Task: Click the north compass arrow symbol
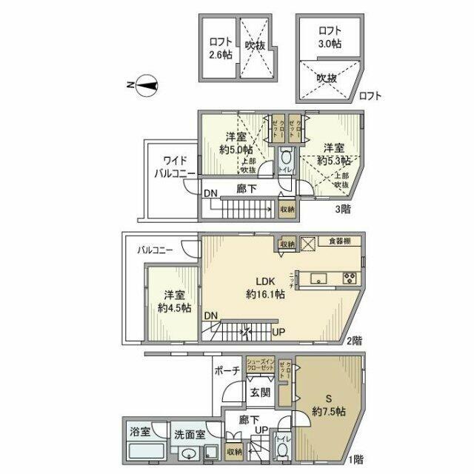[x=145, y=86]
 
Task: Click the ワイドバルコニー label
[x=174, y=167]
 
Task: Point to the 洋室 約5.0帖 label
[x=237, y=142]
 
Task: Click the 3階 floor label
[x=342, y=210]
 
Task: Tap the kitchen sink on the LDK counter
[x=319, y=278]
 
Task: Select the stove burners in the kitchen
[x=349, y=278]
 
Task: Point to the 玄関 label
[x=259, y=393]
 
